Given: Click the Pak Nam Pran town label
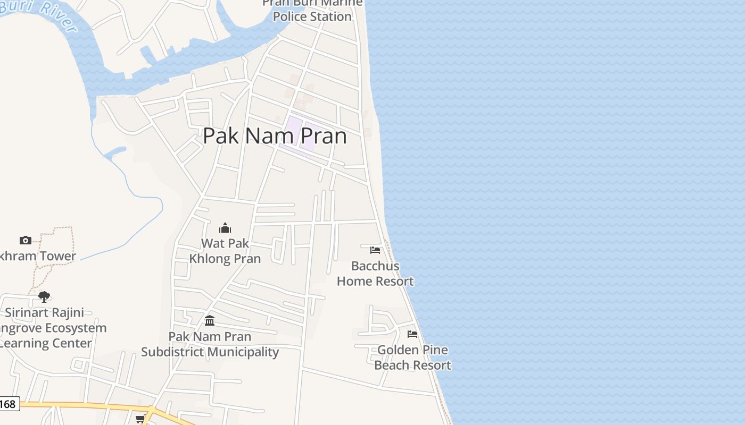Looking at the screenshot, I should point(275,136).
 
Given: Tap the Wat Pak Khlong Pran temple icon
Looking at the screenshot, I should point(225,228).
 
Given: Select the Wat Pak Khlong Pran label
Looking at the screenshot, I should point(225,251).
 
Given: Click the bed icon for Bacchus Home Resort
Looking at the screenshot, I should point(375,250).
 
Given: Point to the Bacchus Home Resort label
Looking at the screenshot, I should point(375,274).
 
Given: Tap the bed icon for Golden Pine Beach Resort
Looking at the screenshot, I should point(412,334).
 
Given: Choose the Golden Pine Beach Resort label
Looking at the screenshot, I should point(412,358).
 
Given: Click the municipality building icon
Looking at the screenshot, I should point(210,321).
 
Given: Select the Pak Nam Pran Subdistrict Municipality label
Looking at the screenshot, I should point(210,344).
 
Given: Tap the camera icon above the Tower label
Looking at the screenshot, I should point(25,240).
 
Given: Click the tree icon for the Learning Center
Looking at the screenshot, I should point(44,296).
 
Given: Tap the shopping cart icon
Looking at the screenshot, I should point(140,419).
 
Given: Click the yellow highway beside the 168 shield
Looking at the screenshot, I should point(80,406).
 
